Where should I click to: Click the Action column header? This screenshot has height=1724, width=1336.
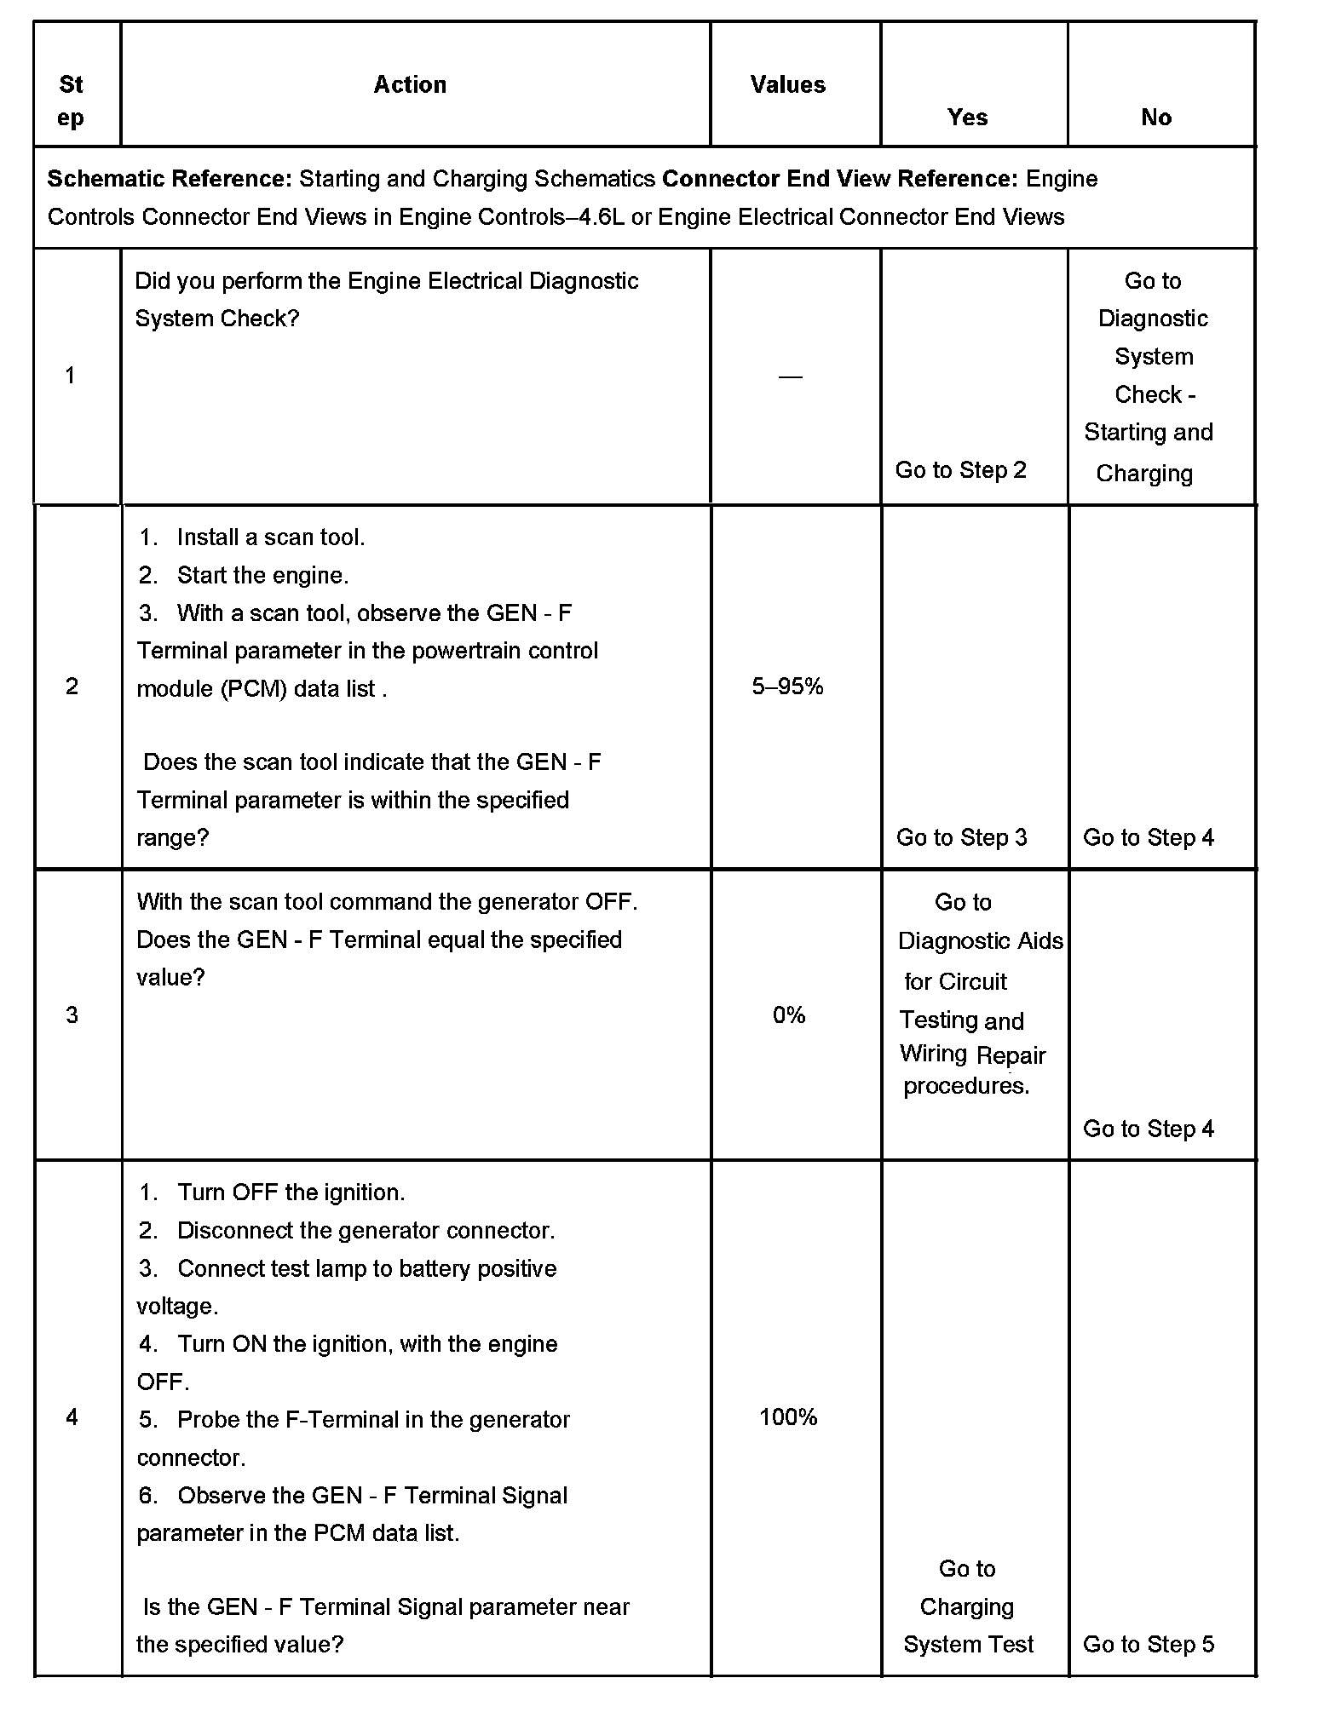coord(410,84)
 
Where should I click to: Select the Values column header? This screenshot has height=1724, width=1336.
coord(787,84)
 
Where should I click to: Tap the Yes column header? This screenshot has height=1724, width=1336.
coord(967,118)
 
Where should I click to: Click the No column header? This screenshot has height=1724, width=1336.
coord(1155,118)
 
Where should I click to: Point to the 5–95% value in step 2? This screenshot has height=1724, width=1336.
coord(787,687)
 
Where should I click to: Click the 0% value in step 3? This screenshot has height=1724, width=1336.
coord(789,1014)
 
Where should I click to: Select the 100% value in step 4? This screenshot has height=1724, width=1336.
coord(788,1417)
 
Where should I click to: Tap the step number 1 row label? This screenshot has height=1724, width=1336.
coord(70,376)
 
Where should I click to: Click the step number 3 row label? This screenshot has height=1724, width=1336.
coord(72,1014)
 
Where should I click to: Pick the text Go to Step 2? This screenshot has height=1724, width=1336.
coord(960,470)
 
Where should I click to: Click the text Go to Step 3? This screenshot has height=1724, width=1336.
coord(961,837)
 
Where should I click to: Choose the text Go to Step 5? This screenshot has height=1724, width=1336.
coord(1148,1644)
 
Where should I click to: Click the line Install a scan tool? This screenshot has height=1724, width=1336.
coord(270,537)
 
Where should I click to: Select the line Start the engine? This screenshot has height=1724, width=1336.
coord(262,576)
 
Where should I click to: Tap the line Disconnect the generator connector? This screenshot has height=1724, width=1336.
coord(366,1230)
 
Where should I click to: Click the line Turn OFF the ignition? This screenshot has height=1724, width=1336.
coord(291,1192)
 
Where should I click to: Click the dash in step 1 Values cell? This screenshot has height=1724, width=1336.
coord(790,376)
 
